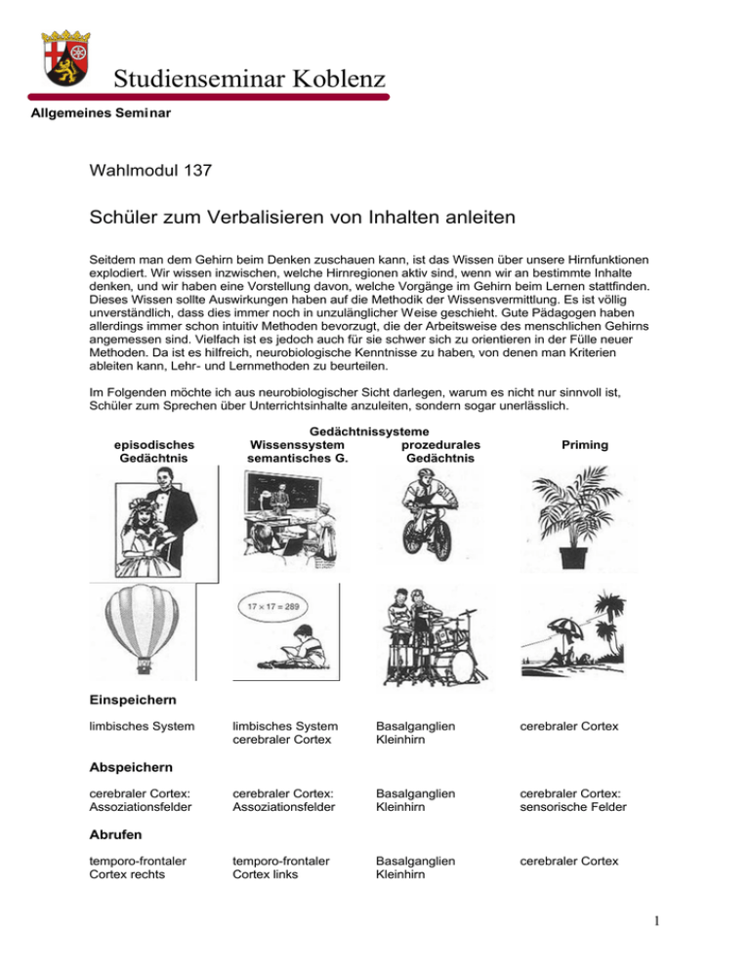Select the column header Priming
click(x=585, y=444)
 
